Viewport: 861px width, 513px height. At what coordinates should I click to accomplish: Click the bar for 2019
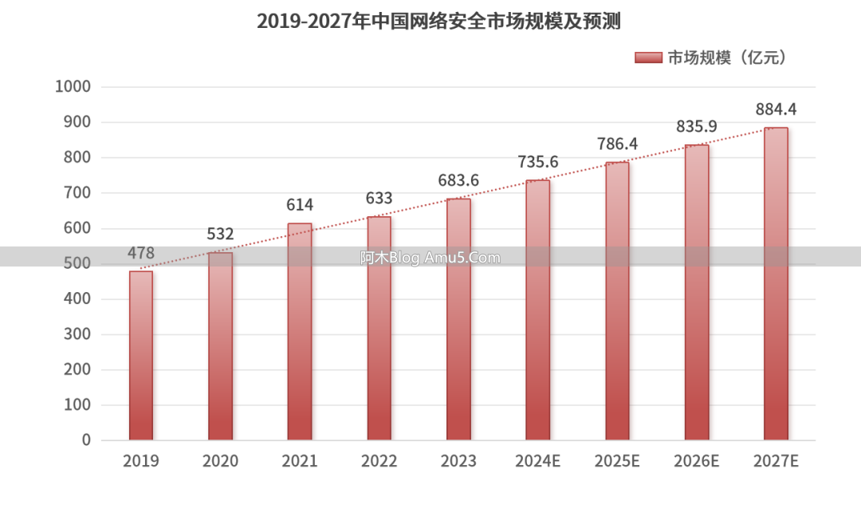tap(141, 356)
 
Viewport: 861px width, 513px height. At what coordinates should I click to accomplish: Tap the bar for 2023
tap(458, 319)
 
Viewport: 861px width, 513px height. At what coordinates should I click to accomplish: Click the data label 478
tap(141, 253)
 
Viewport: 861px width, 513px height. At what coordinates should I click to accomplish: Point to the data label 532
tap(220, 234)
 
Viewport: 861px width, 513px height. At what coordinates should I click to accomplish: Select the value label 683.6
tap(458, 180)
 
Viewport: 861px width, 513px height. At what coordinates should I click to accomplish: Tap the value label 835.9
tap(697, 126)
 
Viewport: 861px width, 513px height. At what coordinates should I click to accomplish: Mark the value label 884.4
tap(776, 109)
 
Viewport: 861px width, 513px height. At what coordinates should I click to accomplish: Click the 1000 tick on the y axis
tap(73, 87)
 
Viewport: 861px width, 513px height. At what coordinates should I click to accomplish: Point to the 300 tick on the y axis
tap(77, 334)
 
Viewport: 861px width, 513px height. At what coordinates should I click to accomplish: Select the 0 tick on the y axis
tap(86, 440)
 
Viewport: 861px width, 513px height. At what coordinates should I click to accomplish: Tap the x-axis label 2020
tap(220, 461)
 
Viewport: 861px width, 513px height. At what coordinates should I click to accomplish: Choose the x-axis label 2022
tap(379, 461)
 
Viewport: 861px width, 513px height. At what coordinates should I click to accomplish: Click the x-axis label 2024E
tap(538, 461)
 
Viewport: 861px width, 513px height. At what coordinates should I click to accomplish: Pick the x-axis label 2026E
tap(697, 461)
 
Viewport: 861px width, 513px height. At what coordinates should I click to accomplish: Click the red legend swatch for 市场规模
tap(649, 57)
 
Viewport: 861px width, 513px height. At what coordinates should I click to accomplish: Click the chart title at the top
tap(438, 22)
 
